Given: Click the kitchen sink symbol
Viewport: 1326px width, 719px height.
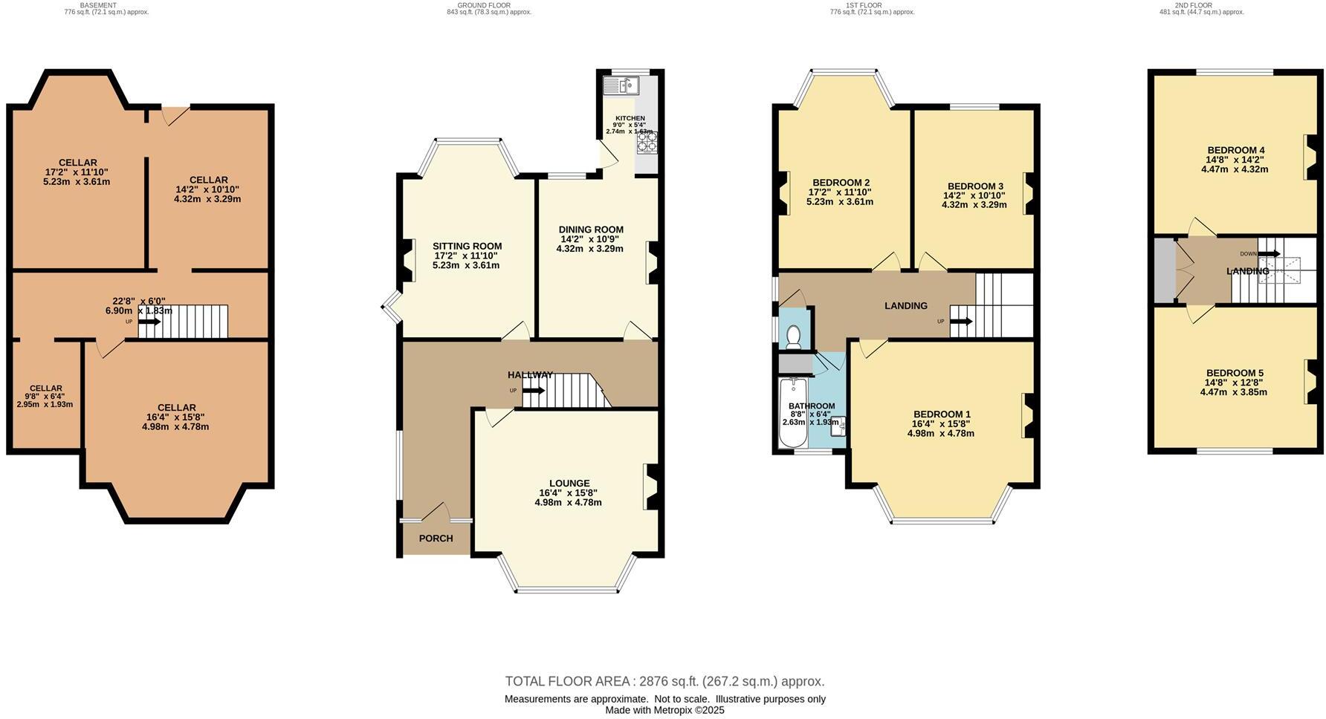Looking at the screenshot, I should [x=622, y=87].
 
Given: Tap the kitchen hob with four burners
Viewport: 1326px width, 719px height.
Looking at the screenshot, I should [x=646, y=141].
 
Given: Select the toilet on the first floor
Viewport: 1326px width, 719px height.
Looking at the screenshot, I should [x=793, y=336].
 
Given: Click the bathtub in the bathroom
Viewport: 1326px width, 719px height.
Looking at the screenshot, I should [x=793, y=413].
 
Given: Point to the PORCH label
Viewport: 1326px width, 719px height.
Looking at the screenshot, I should [x=436, y=539].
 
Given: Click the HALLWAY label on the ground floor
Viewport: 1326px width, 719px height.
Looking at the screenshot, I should [x=530, y=375].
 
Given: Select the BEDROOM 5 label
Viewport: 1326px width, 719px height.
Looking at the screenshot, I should [x=1234, y=373].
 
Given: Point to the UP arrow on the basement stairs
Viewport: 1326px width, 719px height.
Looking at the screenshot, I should [x=149, y=322].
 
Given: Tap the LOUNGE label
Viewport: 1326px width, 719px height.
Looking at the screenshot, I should [x=569, y=484].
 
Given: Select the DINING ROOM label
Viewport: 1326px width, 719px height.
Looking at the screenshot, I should [x=591, y=230].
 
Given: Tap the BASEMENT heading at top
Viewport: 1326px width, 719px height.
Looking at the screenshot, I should [x=98, y=5].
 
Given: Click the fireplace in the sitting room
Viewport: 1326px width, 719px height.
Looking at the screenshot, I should [x=407, y=261].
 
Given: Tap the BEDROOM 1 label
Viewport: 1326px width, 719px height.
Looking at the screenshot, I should [x=942, y=414].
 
